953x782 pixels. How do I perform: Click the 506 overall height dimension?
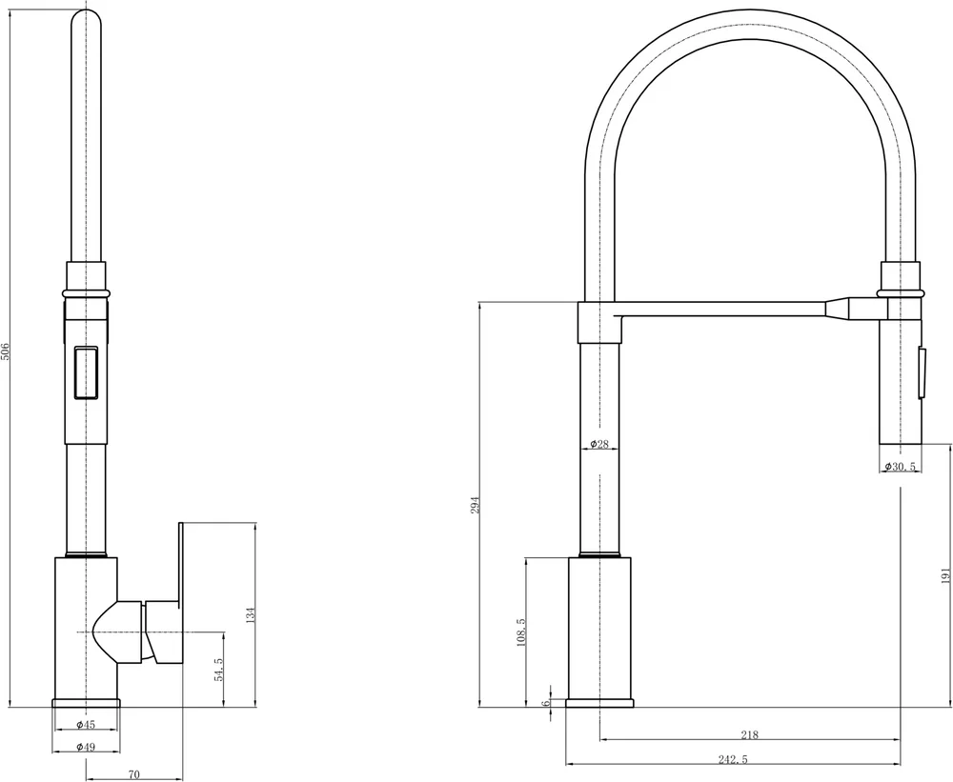point(6,351)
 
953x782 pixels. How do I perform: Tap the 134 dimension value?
point(251,615)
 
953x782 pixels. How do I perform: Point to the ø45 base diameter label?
point(86,724)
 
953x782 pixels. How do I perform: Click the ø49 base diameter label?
point(86,747)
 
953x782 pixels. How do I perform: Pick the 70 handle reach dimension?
point(133,774)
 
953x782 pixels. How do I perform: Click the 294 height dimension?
point(476,505)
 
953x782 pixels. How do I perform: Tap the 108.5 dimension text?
point(521,632)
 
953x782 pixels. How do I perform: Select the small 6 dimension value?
point(546,702)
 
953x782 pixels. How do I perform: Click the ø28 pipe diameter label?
point(599,444)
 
